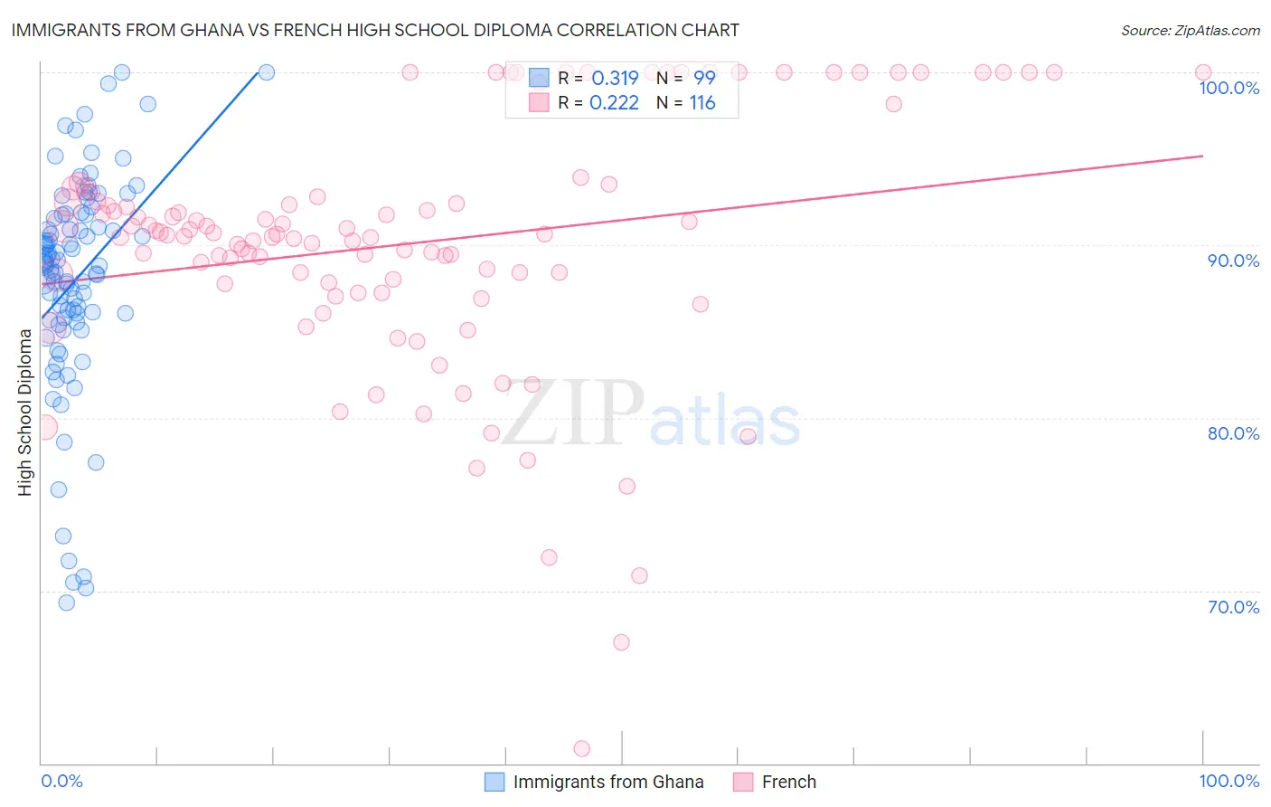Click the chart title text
click(375, 30)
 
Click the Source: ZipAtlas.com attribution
click(1190, 30)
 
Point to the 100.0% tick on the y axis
click(1229, 88)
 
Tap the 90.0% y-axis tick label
click(1233, 261)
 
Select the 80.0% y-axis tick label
click(1233, 433)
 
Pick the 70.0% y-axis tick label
click(1233, 607)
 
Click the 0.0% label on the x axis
click(61, 781)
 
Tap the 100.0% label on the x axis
click(1229, 781)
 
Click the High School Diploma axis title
click(25, 413)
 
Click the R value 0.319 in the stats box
click(614, 79)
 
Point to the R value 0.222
click(614, 103)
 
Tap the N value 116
click(702, 103)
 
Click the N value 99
click(704, 79)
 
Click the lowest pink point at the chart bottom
click(582, 748)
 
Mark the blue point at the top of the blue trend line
click(267, 72)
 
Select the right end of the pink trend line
click(1202, 156)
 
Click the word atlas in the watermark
click(725, 422)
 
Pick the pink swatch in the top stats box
click(539, 103)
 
